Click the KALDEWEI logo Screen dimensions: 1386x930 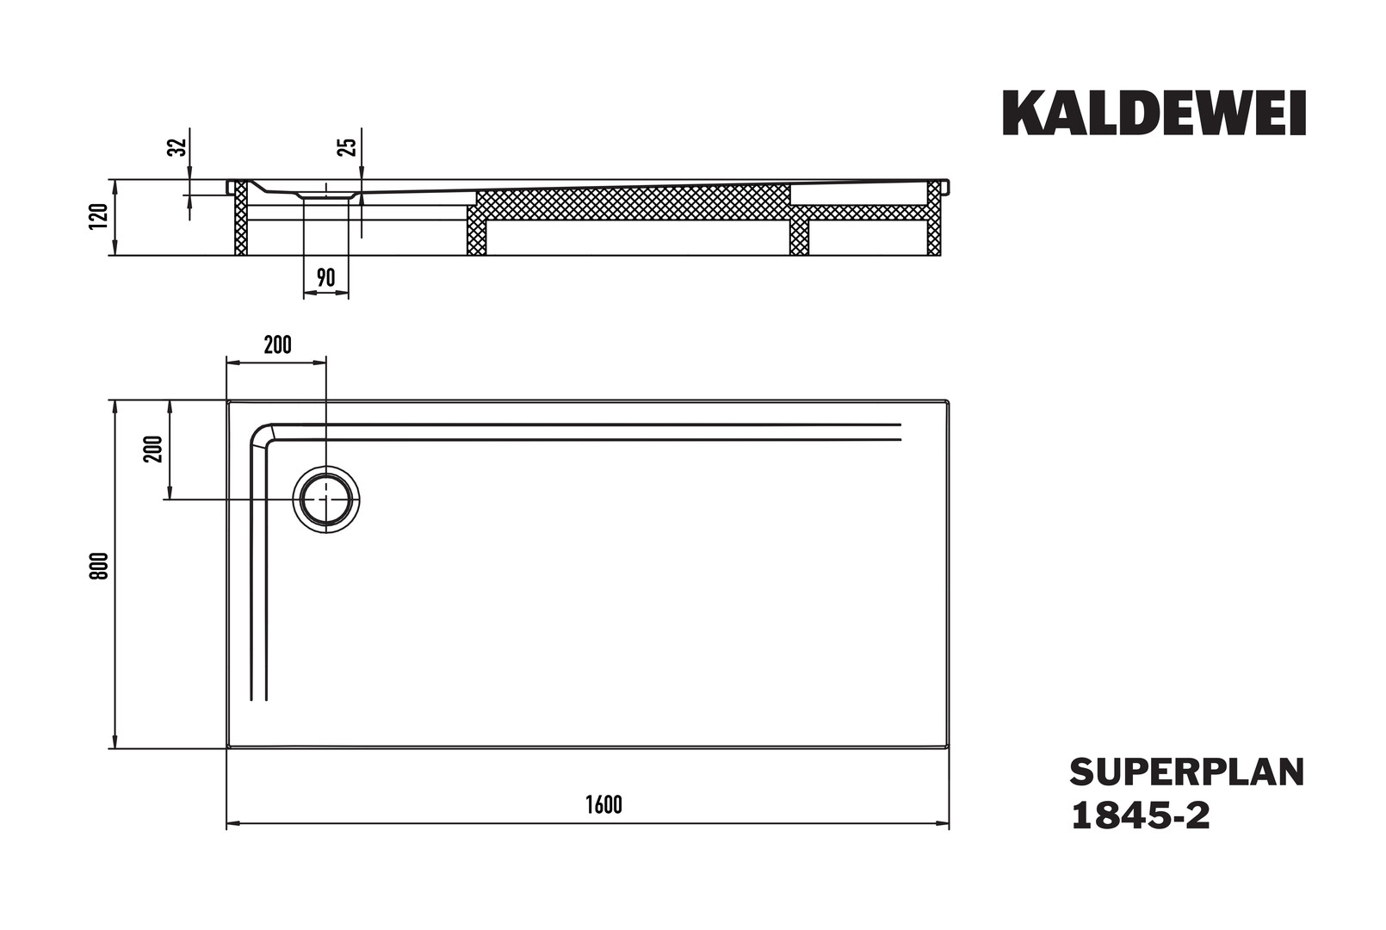point(1154,113)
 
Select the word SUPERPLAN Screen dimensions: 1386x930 point(1187,772)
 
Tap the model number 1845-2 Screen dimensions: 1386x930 point(1141,816)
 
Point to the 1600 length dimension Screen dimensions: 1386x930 point(604,804)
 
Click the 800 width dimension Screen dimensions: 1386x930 point(99,566)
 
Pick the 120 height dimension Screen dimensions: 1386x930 point(99,216)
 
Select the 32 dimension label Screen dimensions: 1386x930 point(178,147)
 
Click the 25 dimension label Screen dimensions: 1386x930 point(349,147)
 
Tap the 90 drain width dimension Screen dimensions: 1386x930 point(325,278)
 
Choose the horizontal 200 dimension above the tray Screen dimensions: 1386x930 point(277,344)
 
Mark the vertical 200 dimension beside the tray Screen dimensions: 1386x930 point(153,449)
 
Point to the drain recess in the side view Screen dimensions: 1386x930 point(326,195)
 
